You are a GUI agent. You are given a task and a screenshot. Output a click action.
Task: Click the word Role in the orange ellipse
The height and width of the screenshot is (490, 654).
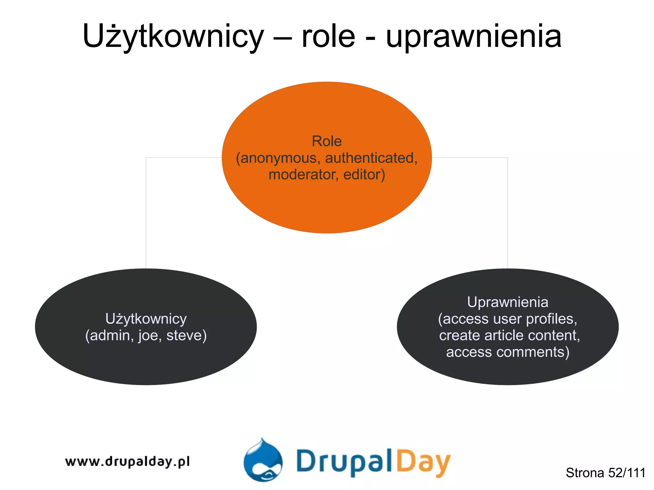click(x=327, y=141)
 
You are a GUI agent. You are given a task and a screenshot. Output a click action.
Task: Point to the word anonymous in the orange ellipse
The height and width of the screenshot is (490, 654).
click(x=278, y=158)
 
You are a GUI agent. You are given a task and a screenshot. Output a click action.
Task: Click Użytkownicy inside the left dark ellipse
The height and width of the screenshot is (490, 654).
click(x=146, y=319)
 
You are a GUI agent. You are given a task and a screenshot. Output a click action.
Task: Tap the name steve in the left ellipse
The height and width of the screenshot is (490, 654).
click(x=186, y=335)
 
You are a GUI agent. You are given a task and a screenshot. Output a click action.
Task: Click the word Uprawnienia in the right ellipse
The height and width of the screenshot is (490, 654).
click(x=507, y=302)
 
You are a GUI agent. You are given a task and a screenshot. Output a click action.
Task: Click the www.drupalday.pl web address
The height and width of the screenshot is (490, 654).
click(x=127, y=462)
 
